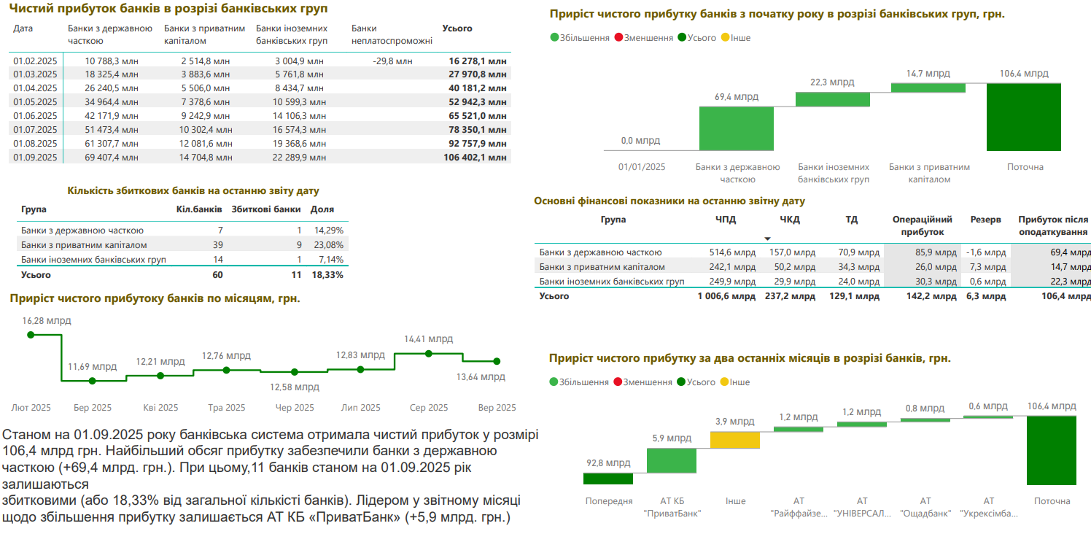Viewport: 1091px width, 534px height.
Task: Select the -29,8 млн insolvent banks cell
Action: coord(392,61)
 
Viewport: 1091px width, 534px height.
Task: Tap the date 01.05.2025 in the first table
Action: coord(35,102)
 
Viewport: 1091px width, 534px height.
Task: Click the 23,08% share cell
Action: coord(328,245)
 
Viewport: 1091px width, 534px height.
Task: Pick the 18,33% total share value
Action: coord(328,275)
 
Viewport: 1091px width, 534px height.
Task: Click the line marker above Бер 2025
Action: coord(92,381)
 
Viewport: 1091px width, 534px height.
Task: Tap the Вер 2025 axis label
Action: coord(497,408)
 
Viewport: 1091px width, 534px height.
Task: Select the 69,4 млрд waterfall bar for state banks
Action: coord(736,128)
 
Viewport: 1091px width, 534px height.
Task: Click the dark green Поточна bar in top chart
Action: coord(1023,117)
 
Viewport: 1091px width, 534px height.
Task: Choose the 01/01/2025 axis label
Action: coord(642,167)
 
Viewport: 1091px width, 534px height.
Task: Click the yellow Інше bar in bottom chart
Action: coord(735,440)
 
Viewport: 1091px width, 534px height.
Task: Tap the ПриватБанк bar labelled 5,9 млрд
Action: coord(672,460)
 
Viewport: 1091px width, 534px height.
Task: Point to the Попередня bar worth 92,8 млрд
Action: coord(608,479)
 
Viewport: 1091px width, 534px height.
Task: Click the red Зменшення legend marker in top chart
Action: coord(618,38)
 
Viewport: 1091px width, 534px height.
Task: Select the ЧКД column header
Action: coord(790,219)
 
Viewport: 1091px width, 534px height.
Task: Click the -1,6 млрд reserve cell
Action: coord(986,252)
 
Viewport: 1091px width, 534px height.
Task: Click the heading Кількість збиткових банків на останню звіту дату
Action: coord(193,191)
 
